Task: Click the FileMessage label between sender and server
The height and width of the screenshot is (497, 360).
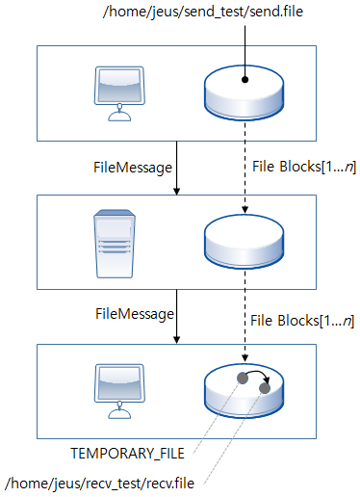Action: pos(132,167)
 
